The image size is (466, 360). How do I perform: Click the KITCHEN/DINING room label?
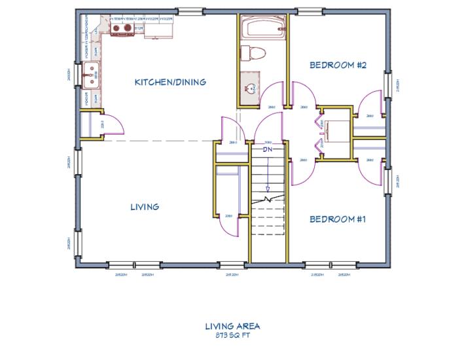tap(170, 82)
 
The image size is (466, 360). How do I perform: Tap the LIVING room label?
tap(145, 207)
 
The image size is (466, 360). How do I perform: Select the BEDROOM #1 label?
tap(337, 219)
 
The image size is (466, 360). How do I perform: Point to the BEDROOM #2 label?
tap(337, 65)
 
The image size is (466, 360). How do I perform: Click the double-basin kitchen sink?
tap(91, 75)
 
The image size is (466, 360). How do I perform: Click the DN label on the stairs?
tap(267, 149)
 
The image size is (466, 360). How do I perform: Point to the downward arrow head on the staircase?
tap(267, 190)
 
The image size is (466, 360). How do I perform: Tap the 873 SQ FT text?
tap(232, 335)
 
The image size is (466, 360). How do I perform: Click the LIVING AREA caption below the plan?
tap(232, 325)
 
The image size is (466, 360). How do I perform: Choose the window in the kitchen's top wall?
tap(190, 11)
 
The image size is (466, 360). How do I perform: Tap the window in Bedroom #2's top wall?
tap(308, 11)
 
